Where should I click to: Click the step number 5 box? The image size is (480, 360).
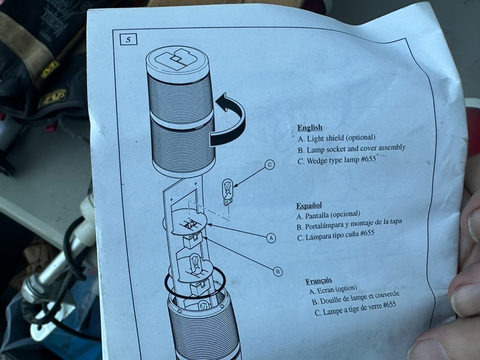[128, 39]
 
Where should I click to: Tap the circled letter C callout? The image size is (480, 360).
[269, 165]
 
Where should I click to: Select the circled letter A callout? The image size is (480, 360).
[271, 238]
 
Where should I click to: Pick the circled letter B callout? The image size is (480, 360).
[277, 271]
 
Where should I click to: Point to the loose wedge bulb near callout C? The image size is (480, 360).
[228, 192]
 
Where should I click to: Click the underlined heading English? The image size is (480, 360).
[310, 127]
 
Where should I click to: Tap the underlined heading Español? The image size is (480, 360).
[309, 205]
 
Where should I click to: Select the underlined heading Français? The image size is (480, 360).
[318, 281]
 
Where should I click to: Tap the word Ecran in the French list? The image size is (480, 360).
[325, 290]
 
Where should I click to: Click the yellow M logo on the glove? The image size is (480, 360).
[49, 69]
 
